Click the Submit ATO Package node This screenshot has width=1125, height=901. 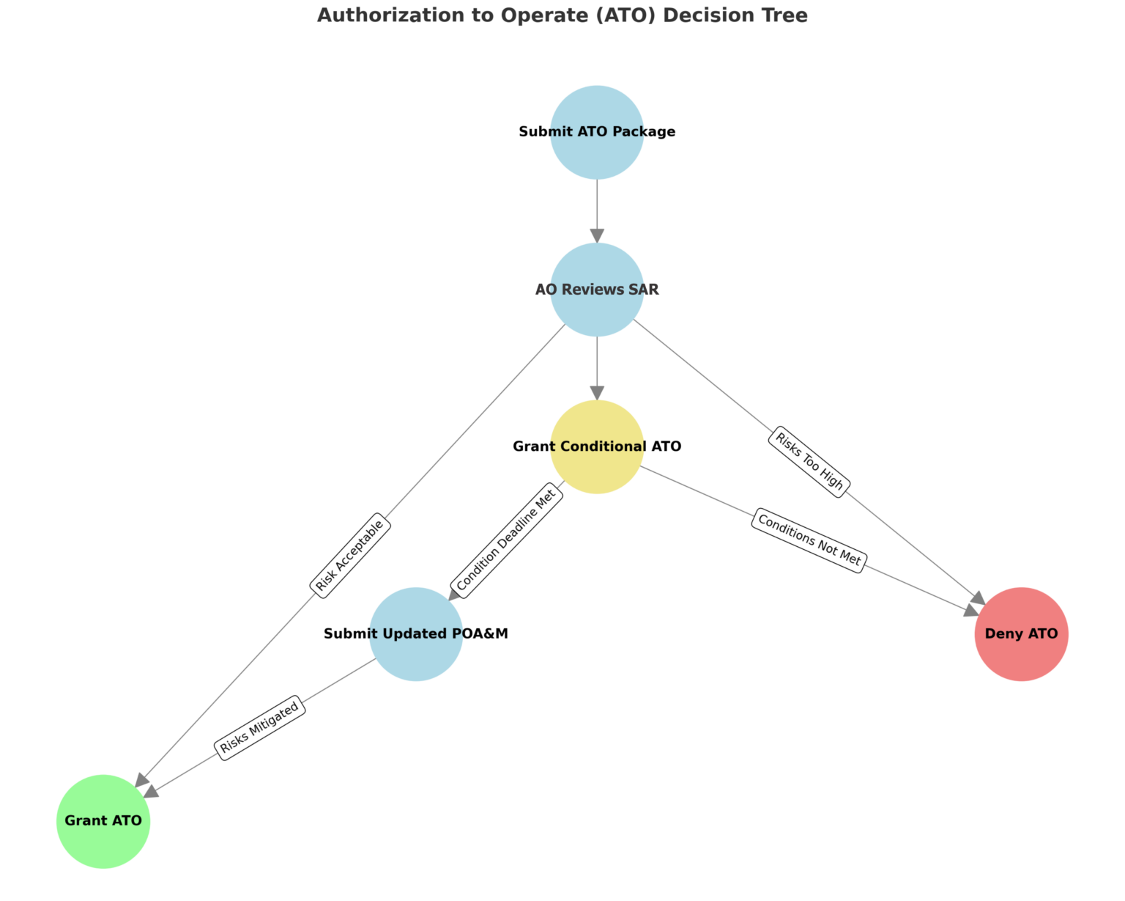(597, 132)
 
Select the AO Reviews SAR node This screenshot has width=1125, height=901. (597, 290)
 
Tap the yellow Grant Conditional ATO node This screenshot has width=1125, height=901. (597, 446)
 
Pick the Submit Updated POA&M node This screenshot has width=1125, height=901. (416, 633)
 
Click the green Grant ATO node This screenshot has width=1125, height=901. (103, 821)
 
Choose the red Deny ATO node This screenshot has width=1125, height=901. (1021, 633)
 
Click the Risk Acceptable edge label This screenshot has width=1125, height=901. (350, 555)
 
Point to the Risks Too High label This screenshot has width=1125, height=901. (809, 462)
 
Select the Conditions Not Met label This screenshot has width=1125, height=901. (809, 540)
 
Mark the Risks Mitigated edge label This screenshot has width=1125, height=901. (259, 727)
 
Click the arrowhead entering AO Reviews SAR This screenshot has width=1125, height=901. (597, 235)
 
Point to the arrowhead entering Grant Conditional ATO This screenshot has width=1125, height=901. (597, 392)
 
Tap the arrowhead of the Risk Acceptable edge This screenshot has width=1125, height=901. (142, 780)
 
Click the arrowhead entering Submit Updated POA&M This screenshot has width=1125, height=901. (456, 593)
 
